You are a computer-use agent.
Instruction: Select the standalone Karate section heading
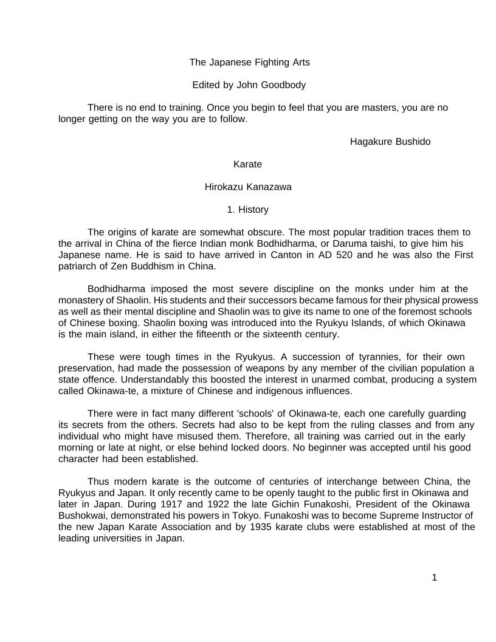pyautogui.click(x=247, y=164)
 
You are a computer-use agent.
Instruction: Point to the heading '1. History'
pyautogui.click(x=247, y=210)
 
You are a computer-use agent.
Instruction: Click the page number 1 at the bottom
pyautogui.click(x=434, y=578)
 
